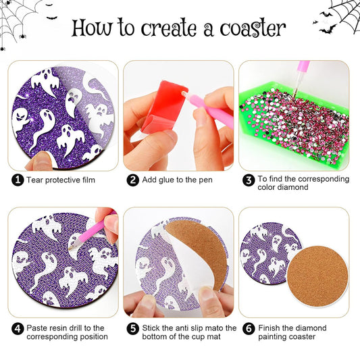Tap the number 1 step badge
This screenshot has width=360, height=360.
18,180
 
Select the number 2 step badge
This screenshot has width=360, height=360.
133,180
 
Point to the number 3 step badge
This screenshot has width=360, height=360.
249,180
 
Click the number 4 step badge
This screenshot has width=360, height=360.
18,328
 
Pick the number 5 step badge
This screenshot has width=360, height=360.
133,328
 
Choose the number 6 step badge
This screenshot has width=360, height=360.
249,328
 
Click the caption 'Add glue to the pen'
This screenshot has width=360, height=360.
177,180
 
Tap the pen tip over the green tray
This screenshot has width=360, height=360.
297,88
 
